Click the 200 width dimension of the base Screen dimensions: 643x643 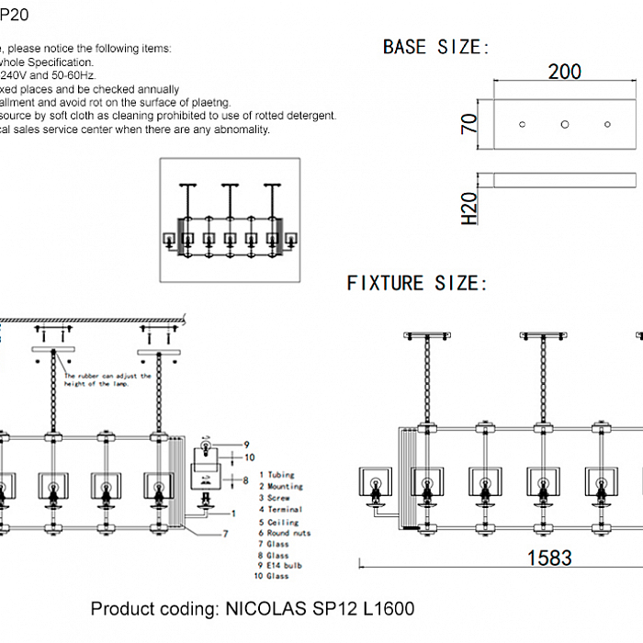[x=564, y=72]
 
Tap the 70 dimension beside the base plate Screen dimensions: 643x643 [x=468, y=123]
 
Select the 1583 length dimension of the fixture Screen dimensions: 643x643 [x=548, y=558]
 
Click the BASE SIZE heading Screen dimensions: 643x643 [x=436, y=47]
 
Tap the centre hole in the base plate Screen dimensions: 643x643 [x=565, y=124]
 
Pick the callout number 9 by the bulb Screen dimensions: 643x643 [x=246, y=445]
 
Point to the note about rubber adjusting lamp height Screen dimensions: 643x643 [x=108, y=380]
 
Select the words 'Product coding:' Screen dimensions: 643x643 [x=151, y=609]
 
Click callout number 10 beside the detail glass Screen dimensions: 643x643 [x=249, y=457]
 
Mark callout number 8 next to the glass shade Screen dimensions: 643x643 [x=246, y=479]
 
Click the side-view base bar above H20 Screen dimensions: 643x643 [x=564, y=179]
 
